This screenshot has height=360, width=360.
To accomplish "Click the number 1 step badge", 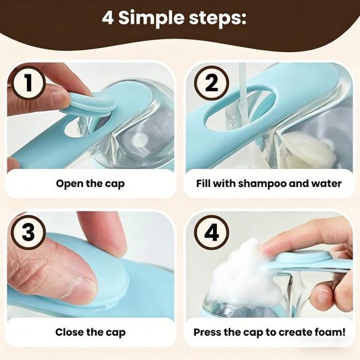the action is tap(28, 82).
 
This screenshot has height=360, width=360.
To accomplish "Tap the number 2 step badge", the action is tap(211, 82).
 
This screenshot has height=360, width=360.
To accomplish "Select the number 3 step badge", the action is tap(28, 232).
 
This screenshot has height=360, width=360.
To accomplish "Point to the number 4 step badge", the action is tap(211, 232).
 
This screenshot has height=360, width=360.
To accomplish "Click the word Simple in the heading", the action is tap(151, 19).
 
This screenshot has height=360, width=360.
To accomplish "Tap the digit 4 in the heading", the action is tap(107, 18).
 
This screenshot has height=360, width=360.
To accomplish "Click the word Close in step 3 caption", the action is tap(69, 332).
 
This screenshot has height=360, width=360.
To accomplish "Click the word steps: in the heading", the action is tap(217, 18).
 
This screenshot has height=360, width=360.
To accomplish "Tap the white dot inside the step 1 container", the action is tap(140, 139).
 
